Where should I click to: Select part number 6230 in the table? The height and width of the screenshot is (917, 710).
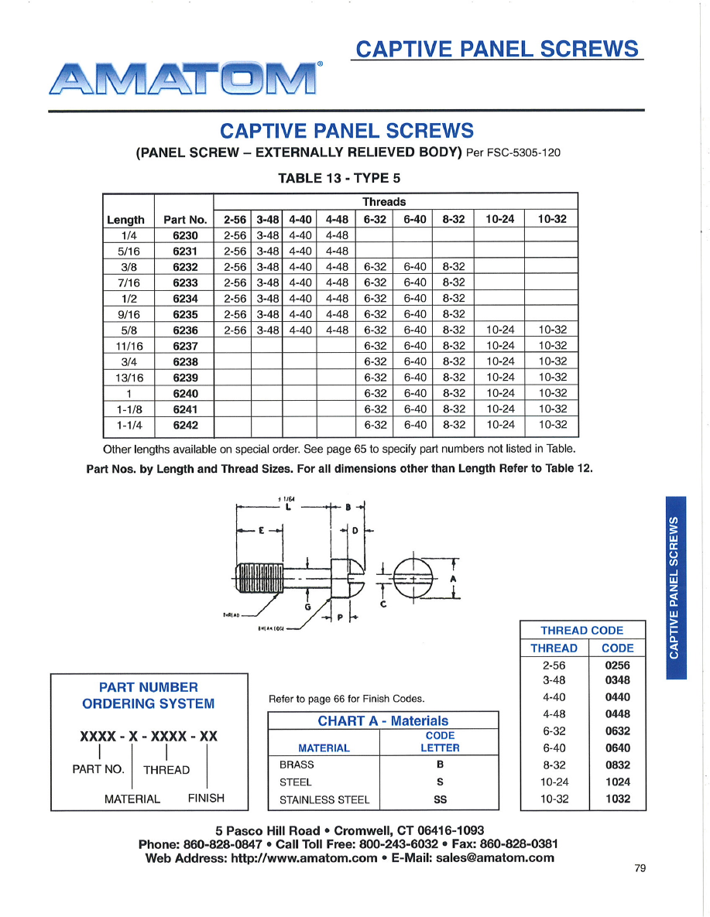pos(185,235)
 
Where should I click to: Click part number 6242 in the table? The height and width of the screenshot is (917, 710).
pos(185,425)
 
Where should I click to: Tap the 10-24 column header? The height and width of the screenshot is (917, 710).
pos(499,219)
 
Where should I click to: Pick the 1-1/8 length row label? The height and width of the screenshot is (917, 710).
pos(129,409)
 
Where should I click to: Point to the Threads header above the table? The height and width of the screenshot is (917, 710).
pos(384,202)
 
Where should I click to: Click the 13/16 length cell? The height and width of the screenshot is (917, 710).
pos(129,378)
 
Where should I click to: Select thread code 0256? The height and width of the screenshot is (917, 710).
pos(617,665)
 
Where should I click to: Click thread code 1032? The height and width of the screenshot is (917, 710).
pos(617,799)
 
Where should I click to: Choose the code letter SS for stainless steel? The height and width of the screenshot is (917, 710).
pos(440,800)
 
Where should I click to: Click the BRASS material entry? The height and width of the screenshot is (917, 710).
pos(297,765)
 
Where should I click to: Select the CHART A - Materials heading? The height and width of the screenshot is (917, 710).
pos(382,721)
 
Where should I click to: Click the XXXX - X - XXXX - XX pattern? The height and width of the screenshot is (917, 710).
pos(149,737)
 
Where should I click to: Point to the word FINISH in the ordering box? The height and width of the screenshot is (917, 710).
pos(206,798)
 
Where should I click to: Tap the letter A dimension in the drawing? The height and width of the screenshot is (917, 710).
pos(453,578)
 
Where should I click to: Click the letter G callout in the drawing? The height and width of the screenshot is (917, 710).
pos(308,608)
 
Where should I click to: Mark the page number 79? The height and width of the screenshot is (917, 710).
pos(640,868)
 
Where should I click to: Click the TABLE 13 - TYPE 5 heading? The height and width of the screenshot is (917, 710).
pos(339,178)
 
